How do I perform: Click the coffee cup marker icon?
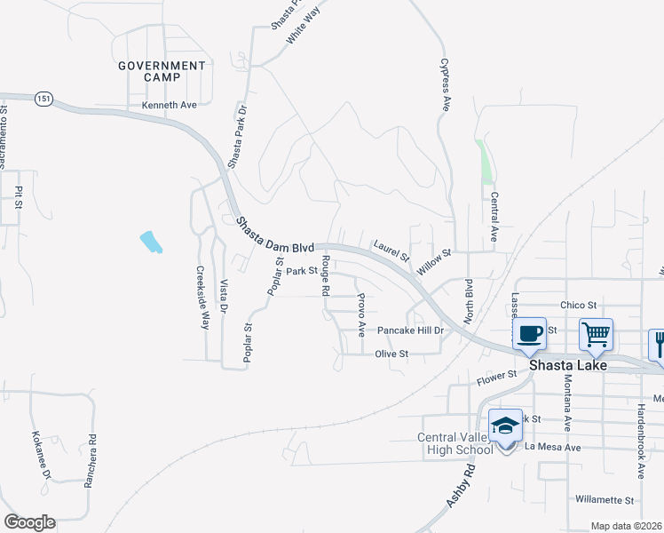[x=530, y=334]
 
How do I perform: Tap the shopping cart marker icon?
[x=596, y=334]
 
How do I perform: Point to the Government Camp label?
[x=162, y=71]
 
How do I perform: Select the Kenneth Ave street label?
[x=169, y=105]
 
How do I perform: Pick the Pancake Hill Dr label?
[x=410, y=330]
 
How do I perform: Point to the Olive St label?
[x=391, y=354]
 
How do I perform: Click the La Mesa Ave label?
[x=552, y=448]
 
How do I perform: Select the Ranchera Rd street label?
[x=91, y=456]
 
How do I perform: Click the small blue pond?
[x=152, y=242]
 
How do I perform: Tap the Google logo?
[x=29, y=522]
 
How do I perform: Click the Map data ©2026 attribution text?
[x=626, y=526]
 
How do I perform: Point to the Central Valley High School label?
[x=455, y=443]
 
